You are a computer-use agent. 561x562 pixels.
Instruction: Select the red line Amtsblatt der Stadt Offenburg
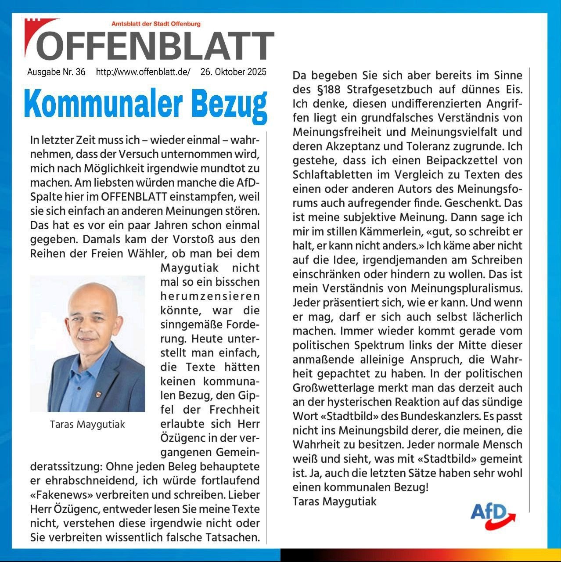[x=156, y=24]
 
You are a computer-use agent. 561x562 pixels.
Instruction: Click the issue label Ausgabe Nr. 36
[x=56, y=72]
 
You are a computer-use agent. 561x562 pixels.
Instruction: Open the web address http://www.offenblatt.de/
[x=143, y=72]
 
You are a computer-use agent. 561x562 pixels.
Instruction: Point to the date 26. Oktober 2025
[x=233, y=72]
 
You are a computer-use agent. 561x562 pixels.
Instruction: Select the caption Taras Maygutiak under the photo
[x=87, y=425]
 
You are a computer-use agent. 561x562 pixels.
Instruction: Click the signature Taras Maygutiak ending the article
[x=334, y=501]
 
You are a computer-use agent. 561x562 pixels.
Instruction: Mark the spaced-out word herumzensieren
[x=210, y=296]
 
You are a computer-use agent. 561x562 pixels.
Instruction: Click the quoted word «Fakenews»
[x=61, y=495]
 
